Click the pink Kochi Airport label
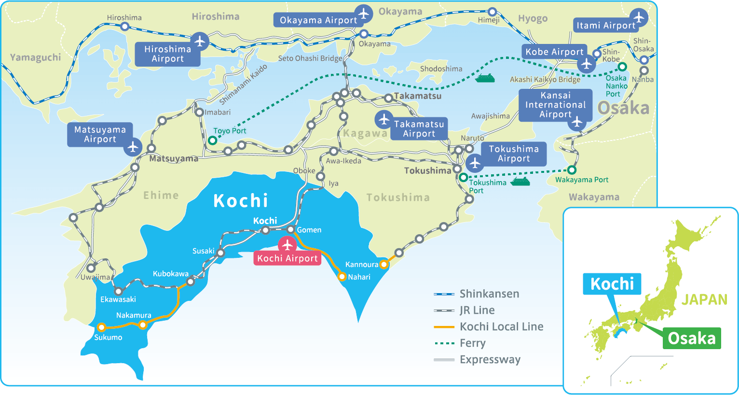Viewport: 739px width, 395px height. click(287, 258)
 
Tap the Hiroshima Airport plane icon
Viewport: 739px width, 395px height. click(200, 41)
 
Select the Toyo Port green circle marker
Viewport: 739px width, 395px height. click(213, 141)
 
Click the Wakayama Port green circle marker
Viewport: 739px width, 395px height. click(572, 170)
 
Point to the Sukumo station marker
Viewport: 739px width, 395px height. click(101, 327)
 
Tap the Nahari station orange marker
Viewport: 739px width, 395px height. click(342, 277)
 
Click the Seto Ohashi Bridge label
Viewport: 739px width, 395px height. click(310, 58)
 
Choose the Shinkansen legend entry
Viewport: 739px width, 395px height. click(489, 294)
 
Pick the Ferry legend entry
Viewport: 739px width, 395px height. click(472, 343)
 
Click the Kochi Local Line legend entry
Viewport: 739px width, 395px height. click(501, 326)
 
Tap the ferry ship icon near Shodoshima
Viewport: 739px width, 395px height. click(485, 78)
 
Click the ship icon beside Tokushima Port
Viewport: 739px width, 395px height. click(520, 182)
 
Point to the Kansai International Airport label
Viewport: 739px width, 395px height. click(555, 105)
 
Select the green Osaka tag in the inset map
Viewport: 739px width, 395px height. click(692, 338)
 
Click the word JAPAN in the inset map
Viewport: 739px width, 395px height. click(704, 299)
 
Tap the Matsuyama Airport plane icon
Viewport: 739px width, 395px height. click(133, 146)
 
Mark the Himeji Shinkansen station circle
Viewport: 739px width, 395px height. click(492, 12)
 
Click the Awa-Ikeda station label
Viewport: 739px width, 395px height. click(343, 161)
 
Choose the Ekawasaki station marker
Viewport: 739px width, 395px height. click(118, 291)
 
